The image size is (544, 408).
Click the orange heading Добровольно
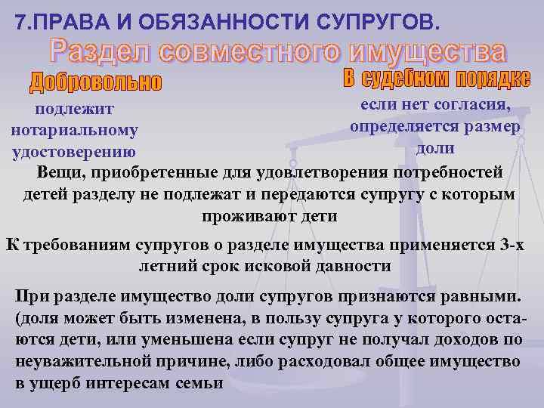point(96,82)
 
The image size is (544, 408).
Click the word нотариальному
point(75,131)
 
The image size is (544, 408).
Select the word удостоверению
point(74,151)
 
